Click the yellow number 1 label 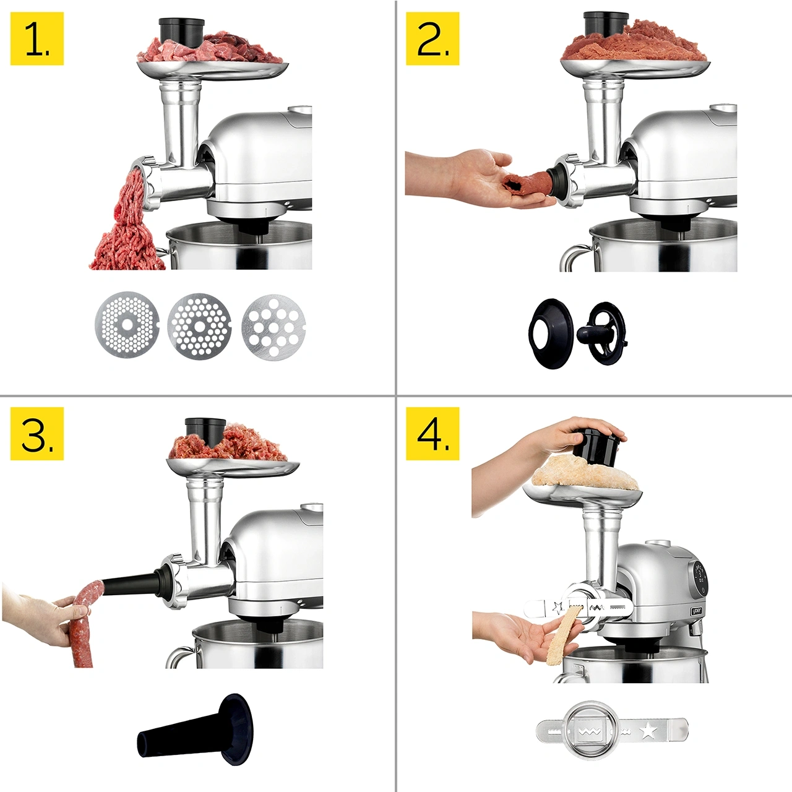pos(37,38)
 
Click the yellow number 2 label pos(433,38)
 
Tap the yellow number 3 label pos(37,434)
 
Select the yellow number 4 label pos(433,434)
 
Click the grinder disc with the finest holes pos(127,324)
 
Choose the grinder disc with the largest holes pos(273,326)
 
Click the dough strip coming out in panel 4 pos(561,642)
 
